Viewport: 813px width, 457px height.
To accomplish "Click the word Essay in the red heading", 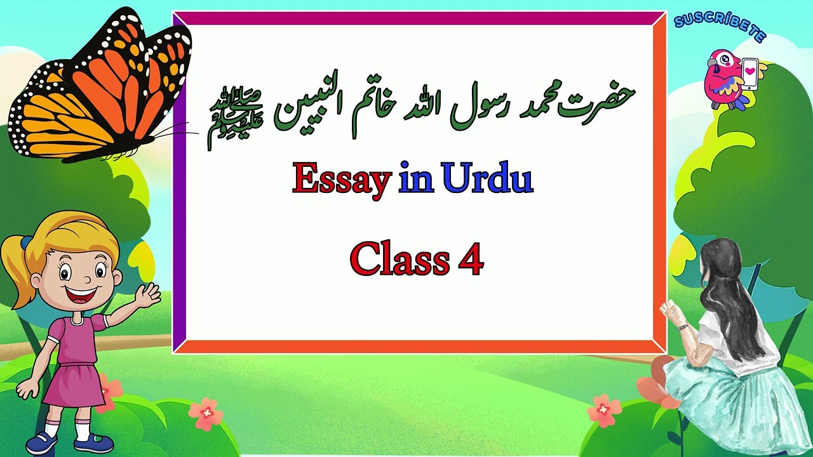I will (340, 180).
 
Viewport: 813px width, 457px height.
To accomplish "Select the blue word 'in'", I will (416, 180).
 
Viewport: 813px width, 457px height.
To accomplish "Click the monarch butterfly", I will (102, 89).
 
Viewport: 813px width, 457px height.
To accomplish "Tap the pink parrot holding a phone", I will (724, 79).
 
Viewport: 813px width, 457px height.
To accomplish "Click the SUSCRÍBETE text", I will (720, 25).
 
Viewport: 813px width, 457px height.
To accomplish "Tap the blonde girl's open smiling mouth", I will (83, 296).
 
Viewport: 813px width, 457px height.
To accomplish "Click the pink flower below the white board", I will (206, 413).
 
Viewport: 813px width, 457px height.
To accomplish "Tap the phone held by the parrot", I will (750, 73).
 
